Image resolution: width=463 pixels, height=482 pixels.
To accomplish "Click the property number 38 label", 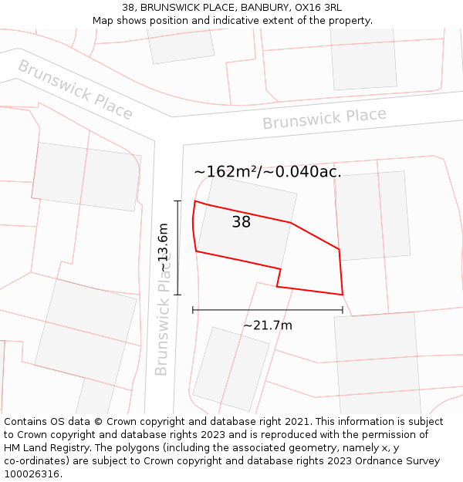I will pyautogui.click(x=241, y=222).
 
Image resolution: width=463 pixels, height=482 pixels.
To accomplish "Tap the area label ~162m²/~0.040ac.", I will pyautogui.click(x=267, y=171).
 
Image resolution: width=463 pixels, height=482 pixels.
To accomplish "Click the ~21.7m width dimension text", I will pyautogui.click(x=268, y=325).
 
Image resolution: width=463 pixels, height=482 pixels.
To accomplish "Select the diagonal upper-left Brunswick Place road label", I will pyautogui.click(x=75, y=89).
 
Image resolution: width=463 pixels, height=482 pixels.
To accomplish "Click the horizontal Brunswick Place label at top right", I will pyautogui.click(x=324, y=119).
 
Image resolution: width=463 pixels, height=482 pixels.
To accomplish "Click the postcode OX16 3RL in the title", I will pyautogui.click(x=319, y=8).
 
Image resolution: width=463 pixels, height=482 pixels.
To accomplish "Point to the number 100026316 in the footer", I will pyautogui.click(x=31, y=474).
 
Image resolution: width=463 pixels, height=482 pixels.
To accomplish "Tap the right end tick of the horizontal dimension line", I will pyautogui.click(x=343, y=310).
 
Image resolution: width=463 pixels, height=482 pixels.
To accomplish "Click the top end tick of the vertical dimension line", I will pyautogui.click(x=177, y=201).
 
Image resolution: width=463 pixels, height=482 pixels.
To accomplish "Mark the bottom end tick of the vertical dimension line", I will pyautogui.click(x=177, y=295).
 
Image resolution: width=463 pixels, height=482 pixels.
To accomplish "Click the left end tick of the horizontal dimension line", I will pyautogui.click(x=193, y=310).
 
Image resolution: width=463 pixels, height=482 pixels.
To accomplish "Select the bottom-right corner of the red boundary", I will pyautogui.click(x=342, y=295).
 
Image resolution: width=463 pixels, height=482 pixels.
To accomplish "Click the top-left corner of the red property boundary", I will pyautogui.click(x=194, y=201).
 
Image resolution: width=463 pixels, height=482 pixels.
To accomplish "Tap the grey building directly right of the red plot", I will pyautogui.click(x=373, y=216).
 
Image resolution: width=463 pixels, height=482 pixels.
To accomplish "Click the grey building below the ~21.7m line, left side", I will pyautogui.click(x=231, y=369).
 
